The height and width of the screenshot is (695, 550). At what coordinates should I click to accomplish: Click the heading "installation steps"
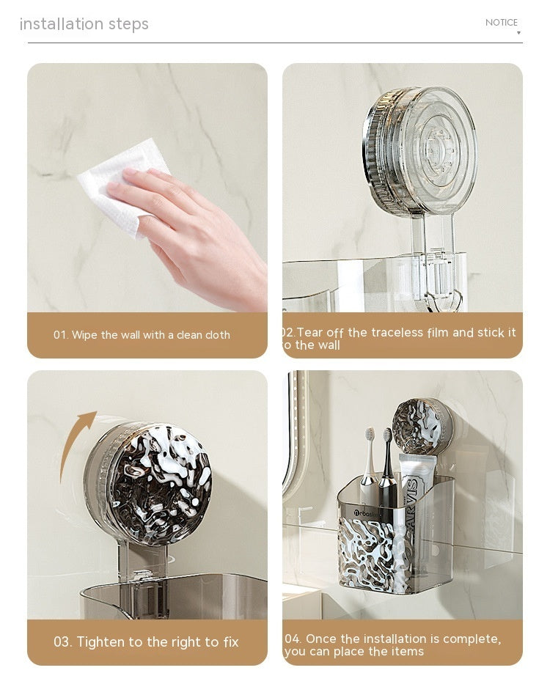point(84,24)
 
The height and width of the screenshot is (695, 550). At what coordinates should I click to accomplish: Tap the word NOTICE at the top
point(501,23)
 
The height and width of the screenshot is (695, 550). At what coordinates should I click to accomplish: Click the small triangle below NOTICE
point(518,33)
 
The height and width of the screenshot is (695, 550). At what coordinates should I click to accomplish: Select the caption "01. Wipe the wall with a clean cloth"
point(142,335)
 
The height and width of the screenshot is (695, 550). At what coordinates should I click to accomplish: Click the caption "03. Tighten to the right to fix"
point(146,642)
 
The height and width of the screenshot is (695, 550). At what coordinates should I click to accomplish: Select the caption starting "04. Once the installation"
point(392,645)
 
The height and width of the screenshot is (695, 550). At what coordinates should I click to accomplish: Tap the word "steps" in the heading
point(128,24)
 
